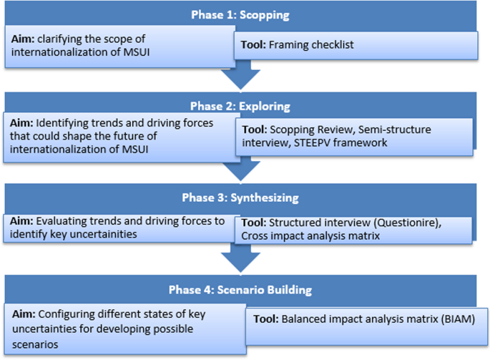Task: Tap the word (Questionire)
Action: pos(406,223)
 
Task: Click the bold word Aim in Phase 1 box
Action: pos(24,38)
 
